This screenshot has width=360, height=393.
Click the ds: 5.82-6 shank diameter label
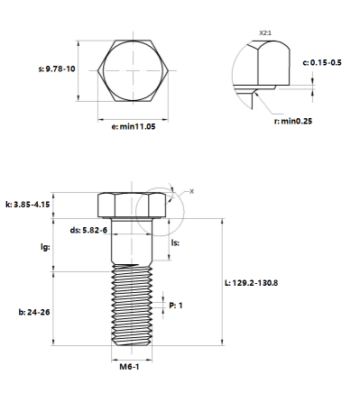point(89,231)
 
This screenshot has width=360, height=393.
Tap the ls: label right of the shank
point(177,242)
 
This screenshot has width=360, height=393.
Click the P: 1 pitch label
point(177,306)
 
